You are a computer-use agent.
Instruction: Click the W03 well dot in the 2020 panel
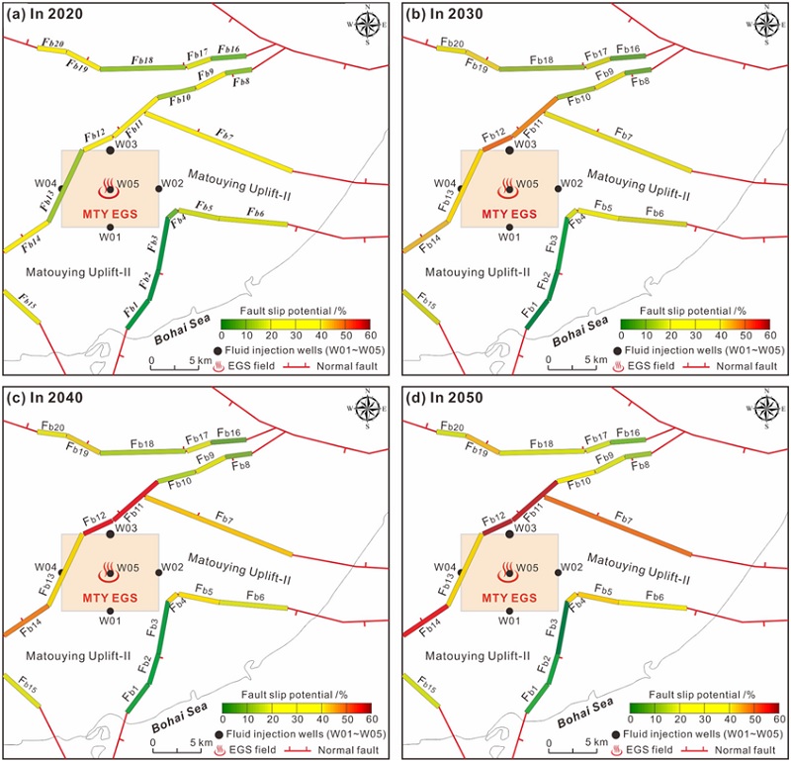click(x=111, y=151)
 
